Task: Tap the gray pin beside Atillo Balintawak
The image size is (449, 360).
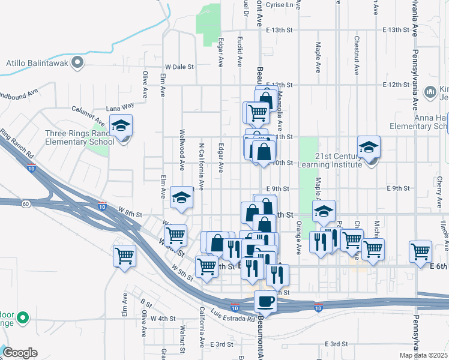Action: point(77,62)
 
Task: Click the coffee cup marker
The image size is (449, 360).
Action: point(265,301)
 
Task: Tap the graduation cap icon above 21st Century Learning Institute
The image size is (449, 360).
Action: point(369,146)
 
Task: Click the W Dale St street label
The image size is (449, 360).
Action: point(180,67)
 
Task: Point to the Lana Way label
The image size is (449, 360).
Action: point(120,107)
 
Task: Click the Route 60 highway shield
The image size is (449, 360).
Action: point(26,204)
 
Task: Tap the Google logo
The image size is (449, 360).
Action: point(20,352)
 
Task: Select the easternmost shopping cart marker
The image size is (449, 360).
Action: point(420,251)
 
